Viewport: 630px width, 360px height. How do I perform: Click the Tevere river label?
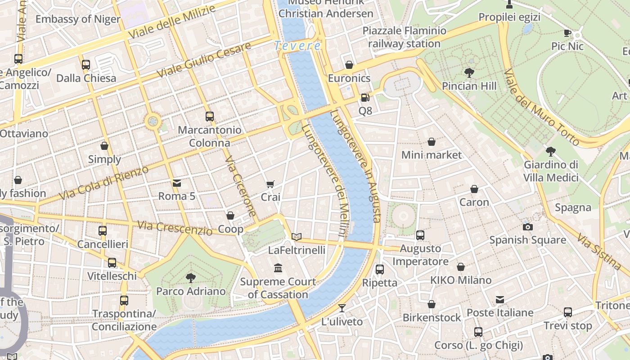coord(297,45)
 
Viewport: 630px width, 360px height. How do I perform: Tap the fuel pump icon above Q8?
coord(365,97)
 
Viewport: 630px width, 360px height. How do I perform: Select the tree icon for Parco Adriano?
coord(191,278)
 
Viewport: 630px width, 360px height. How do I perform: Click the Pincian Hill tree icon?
coord(469,72)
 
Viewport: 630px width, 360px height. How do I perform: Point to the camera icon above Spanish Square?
coord(527,227)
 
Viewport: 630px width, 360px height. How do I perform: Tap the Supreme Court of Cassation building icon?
coord(278,268)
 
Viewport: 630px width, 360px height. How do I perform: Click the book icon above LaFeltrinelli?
coord(296,237)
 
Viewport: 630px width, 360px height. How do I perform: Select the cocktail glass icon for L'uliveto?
coord(342,308)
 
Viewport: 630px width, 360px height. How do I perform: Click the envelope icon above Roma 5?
coord(177,183)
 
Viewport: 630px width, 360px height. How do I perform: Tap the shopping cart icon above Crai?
coord(270,184)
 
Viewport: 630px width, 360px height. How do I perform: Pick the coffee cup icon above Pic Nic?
coord(567,33)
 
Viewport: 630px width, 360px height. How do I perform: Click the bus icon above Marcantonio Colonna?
coord(210,117)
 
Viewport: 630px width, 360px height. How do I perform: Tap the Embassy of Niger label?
coord(78,19)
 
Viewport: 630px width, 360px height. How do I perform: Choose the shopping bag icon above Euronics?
coord(349,65)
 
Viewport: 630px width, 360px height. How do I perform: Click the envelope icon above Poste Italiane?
coord(499,300)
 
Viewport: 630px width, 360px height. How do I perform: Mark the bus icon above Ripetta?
coord(380,270)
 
